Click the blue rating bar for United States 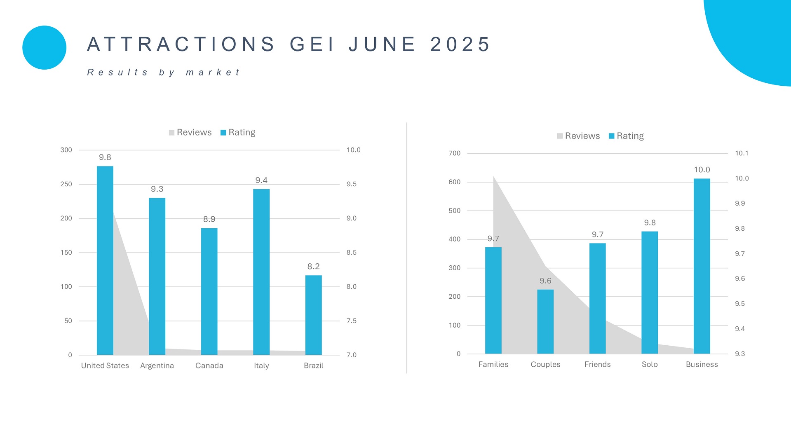pyautogui.click(x=105, y=260)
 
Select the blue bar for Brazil pyautogui.click(x=313, y=315)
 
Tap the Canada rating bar pyautogui.click(x=209, y=291)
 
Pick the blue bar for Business pyautogui.click(x=702, y=266)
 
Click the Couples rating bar pyautogui.click(x=545, y=321)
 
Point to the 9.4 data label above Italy pyautogui.click(x=261, y=180)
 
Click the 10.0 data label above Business pyautogui.click(x=702, y=170)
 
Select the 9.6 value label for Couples pyautogui.click(x=545, y=281)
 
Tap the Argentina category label pyautogui.click(x=157, y=365)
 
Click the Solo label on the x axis pyautogui.click(x=650, y=364)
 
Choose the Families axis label pyautogui.click(x=493, y=364)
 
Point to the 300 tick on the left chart pyautogui.click(x=66, y=150)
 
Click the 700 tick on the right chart pyautogui.click(x=454, y=153)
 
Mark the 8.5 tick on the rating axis pyautogui.click(x=351, y=253)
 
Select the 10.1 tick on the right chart pyautogui.click(x=741, y=153)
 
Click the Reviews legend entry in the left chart pyautogui.click(x=190, y=132)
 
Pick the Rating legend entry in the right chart pyautogui.click(x=626, y=136)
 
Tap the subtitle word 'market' pyautogui.click(x=213, y=73)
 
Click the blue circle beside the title pyautogui.click(x=44, y=47)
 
